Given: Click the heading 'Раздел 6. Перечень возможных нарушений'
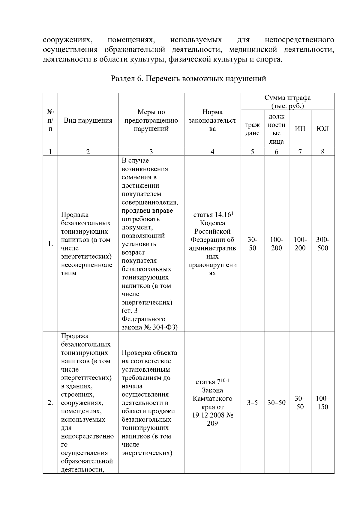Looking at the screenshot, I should click(188, 79).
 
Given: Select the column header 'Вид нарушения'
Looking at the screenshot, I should click(88, 121).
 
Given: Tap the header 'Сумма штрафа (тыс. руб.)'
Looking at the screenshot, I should click(287, 102).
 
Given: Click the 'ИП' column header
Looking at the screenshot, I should click(300, 129).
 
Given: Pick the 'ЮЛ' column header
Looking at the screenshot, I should click(323, 129).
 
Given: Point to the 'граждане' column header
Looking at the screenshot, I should click(252, 129).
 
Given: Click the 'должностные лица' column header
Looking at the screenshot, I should click(276, 129).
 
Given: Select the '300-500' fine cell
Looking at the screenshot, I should click(323, 244).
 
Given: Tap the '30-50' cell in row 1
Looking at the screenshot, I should click(252, 244).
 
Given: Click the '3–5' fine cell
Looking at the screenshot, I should click(252, 403).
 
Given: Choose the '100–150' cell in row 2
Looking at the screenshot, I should click(323, 403).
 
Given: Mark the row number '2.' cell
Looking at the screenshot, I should click(50, 403).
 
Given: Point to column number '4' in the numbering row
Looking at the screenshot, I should click(212, 152).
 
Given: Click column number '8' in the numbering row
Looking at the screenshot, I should click(323, 152).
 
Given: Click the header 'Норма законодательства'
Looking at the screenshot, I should click(212, 121).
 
